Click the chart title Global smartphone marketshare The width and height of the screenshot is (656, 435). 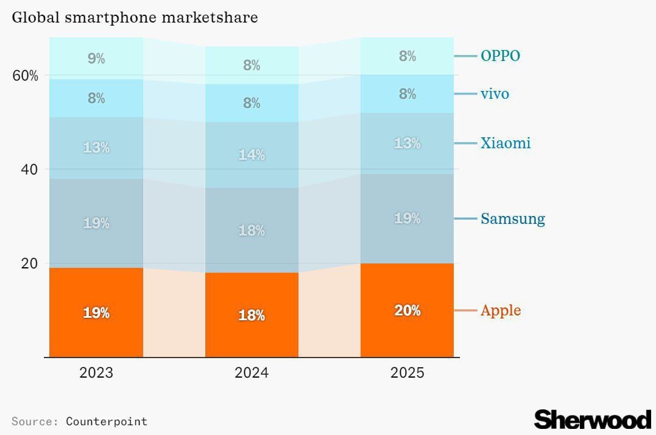point(135,17)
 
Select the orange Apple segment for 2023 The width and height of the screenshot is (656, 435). point(96,312)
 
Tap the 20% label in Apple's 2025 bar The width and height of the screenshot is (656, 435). point(407,311)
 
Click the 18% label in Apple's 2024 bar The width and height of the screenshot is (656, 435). point(252,315)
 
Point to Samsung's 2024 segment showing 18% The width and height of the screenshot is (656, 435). point(252,231)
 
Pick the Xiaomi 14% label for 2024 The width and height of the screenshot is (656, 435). point(252,155)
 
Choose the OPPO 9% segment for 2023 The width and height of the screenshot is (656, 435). point(96,59)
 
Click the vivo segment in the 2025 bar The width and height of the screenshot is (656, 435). point(407,94)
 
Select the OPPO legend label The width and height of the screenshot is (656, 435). point(500,56)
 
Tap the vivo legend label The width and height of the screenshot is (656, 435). point(495,94)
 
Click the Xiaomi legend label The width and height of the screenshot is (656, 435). point(506,143)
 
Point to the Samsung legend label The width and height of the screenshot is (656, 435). point(512,219)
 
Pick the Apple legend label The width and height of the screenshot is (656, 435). point(501,311)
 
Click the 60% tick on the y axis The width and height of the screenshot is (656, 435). point(26,76)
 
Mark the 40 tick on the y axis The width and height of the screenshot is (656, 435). point(30,170)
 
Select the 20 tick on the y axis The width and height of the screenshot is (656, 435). point(30,264)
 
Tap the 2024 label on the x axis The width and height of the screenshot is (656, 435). point(252,373)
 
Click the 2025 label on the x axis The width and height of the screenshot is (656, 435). point(407,373)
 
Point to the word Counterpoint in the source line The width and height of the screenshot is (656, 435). point(107,421)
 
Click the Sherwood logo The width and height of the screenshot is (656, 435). point(592,420)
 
